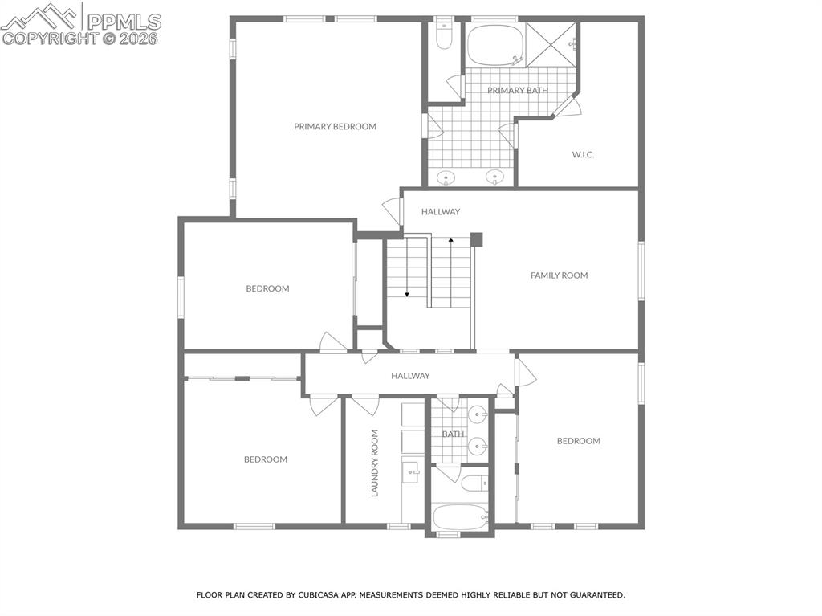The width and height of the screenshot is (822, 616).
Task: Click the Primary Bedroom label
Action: point(335,126)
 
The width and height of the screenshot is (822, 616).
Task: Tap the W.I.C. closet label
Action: point(583,154)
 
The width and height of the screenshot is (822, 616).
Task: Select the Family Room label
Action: point(559,275)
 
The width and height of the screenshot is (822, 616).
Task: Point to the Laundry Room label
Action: point(374,463)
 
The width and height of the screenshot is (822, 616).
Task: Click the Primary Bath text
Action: point(518,90)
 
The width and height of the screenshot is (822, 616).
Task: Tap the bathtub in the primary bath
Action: point(494,47)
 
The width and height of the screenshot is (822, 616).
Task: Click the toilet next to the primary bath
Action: point(444,36)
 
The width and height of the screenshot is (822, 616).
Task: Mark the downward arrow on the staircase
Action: point(407,293)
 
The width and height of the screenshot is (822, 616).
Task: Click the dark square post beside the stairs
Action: point(476,239)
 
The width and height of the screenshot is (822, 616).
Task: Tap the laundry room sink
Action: point(411,471)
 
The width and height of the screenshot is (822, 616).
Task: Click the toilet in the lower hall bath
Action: point(474,483)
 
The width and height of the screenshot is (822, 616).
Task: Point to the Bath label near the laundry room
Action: point(453,434)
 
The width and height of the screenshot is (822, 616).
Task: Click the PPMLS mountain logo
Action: point(40,16)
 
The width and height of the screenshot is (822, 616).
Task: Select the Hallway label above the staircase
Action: point(442,212)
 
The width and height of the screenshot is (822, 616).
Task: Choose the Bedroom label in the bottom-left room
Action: point(266,459)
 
